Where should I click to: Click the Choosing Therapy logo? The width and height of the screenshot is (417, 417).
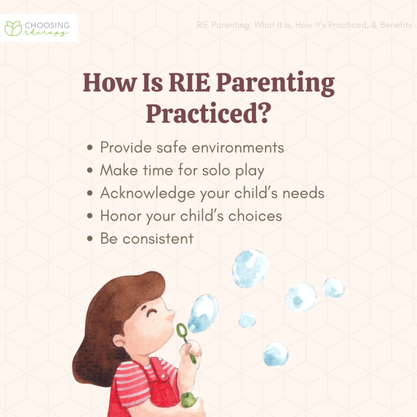40,28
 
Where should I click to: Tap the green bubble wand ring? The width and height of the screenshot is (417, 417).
181,329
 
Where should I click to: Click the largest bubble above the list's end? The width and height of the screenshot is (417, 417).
250,268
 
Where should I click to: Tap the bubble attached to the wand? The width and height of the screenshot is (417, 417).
203,313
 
